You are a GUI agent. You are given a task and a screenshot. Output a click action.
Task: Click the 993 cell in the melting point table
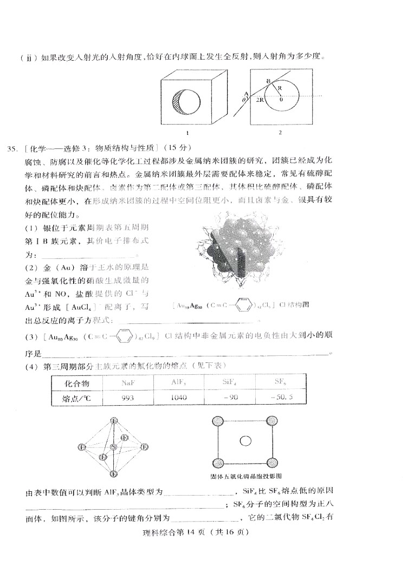point(128,397)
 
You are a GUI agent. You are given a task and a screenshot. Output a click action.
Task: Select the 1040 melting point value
point(178,397)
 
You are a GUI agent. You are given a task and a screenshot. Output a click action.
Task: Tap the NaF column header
point(128,382)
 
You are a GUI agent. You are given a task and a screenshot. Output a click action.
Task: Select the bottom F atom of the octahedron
point(113,474)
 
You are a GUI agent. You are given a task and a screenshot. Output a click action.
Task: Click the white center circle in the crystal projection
point(245,441)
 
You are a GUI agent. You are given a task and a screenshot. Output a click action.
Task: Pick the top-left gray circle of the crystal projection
point(218,420)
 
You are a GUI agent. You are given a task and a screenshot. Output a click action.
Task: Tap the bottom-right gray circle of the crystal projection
point(270,461)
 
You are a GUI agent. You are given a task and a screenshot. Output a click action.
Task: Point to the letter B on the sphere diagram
point(268,81)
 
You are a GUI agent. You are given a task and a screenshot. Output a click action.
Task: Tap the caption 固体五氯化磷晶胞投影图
point(246,477)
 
